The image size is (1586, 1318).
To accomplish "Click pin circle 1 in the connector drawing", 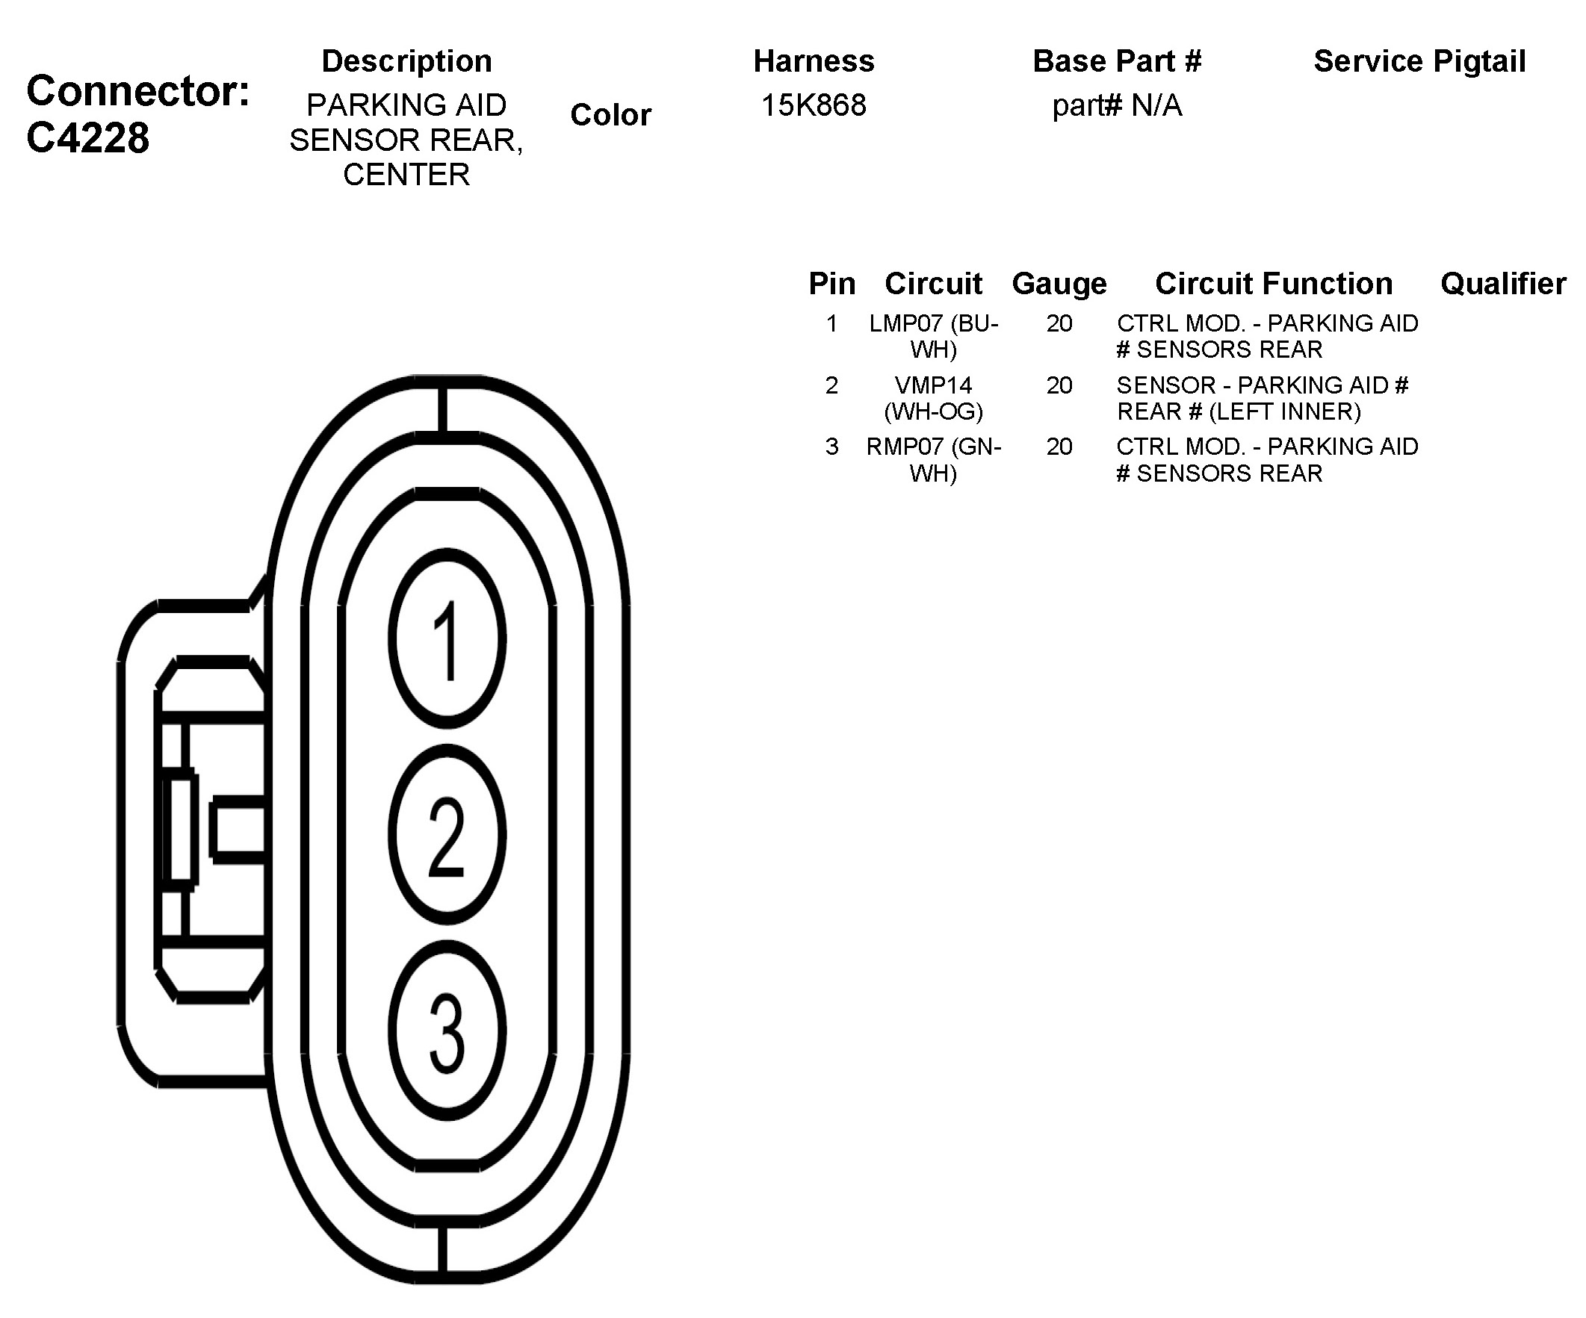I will click(x=447, y=638).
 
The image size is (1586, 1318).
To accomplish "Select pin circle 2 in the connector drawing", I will click(x=447, y=835).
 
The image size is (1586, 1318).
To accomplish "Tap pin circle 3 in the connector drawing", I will click(x=447, y=1031).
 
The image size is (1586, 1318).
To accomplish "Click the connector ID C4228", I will click(x=87, y=138).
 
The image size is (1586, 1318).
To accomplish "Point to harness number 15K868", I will click(x=814, y=105).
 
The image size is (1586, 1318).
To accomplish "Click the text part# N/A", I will click(x=1116, y=105).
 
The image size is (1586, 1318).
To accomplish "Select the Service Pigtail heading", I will click(x=1419, y=61).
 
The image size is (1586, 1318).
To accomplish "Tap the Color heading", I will click(x=610, y=115).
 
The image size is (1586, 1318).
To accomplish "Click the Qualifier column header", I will click(x=1503, y=284).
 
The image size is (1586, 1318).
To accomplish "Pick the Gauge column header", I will click(x=1059, y=284).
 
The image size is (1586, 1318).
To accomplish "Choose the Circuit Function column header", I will click(x=1273, y=284).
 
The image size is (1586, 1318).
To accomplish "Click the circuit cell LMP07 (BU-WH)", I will click(x=934, y=336).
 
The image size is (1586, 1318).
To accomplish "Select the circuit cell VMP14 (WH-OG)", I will click(x=934, y=398).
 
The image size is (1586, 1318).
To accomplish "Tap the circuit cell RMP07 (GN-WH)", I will click(x=934, y=460).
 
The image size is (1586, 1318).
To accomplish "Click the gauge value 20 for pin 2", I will click(x=1059, y=386).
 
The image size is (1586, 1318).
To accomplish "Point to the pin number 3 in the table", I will click(x=831, y=447).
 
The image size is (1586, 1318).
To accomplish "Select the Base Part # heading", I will click(x=1116, y=61).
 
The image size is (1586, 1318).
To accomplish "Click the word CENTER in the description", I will click(x=406, y=175).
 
